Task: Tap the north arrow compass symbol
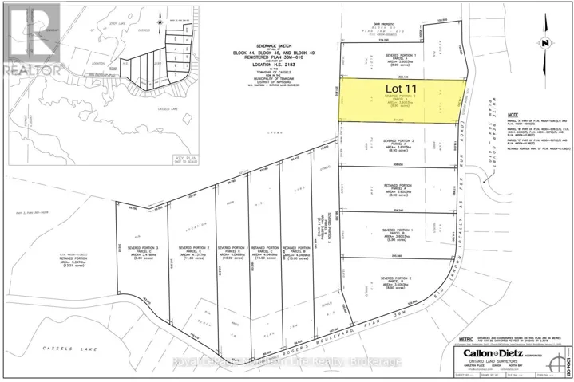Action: click(544, 41)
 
